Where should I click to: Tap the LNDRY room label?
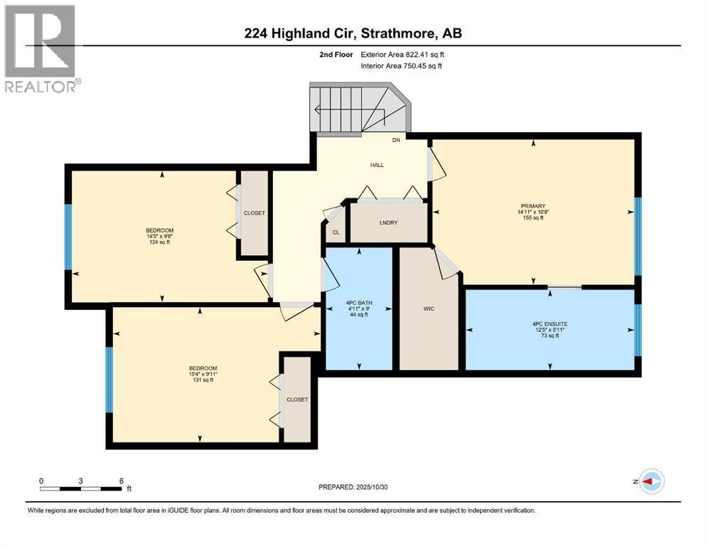[388, 223]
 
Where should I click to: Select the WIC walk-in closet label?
[428, 309]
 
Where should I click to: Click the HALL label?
[376, 165]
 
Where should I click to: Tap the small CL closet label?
[336, 232]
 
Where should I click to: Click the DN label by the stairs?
[397, 140]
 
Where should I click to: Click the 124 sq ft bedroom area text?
[159, 242]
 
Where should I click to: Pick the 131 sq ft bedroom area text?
[202, 380]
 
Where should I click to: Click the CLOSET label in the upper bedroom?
[254, 213]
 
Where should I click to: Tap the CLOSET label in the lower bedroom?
[297, 400]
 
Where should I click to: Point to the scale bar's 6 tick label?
[122, 481]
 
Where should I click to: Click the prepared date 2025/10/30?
[353, 487]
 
